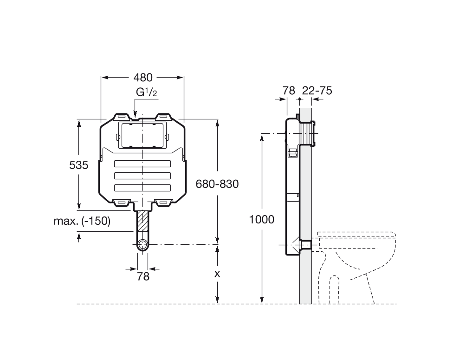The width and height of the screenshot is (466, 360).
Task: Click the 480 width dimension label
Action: (143, 77)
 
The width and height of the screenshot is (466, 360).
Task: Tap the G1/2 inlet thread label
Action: (146, 92)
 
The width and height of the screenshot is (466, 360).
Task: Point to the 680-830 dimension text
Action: (217, 184)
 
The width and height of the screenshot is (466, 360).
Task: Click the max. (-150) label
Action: (82, 222)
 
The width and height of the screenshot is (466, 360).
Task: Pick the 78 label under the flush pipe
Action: (143, 276)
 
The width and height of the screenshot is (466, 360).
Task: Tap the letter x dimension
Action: (216, 274)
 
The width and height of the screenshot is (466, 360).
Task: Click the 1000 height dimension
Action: (262, 219)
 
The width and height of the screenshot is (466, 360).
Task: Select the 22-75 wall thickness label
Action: (317, 91)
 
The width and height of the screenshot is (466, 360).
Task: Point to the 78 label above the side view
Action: (289, 91)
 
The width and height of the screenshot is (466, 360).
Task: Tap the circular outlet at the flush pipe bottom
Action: (143, 245)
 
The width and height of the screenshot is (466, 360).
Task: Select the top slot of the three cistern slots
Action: (142, 164)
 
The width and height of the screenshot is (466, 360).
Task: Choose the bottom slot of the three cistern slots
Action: (142, 188)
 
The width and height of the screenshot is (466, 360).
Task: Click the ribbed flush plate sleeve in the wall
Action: (308, 133)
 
